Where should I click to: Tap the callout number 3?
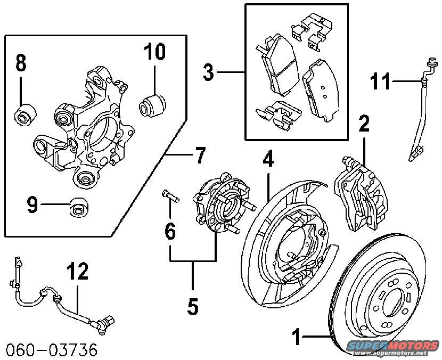(209, 72)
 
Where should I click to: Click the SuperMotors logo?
(394, 347)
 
